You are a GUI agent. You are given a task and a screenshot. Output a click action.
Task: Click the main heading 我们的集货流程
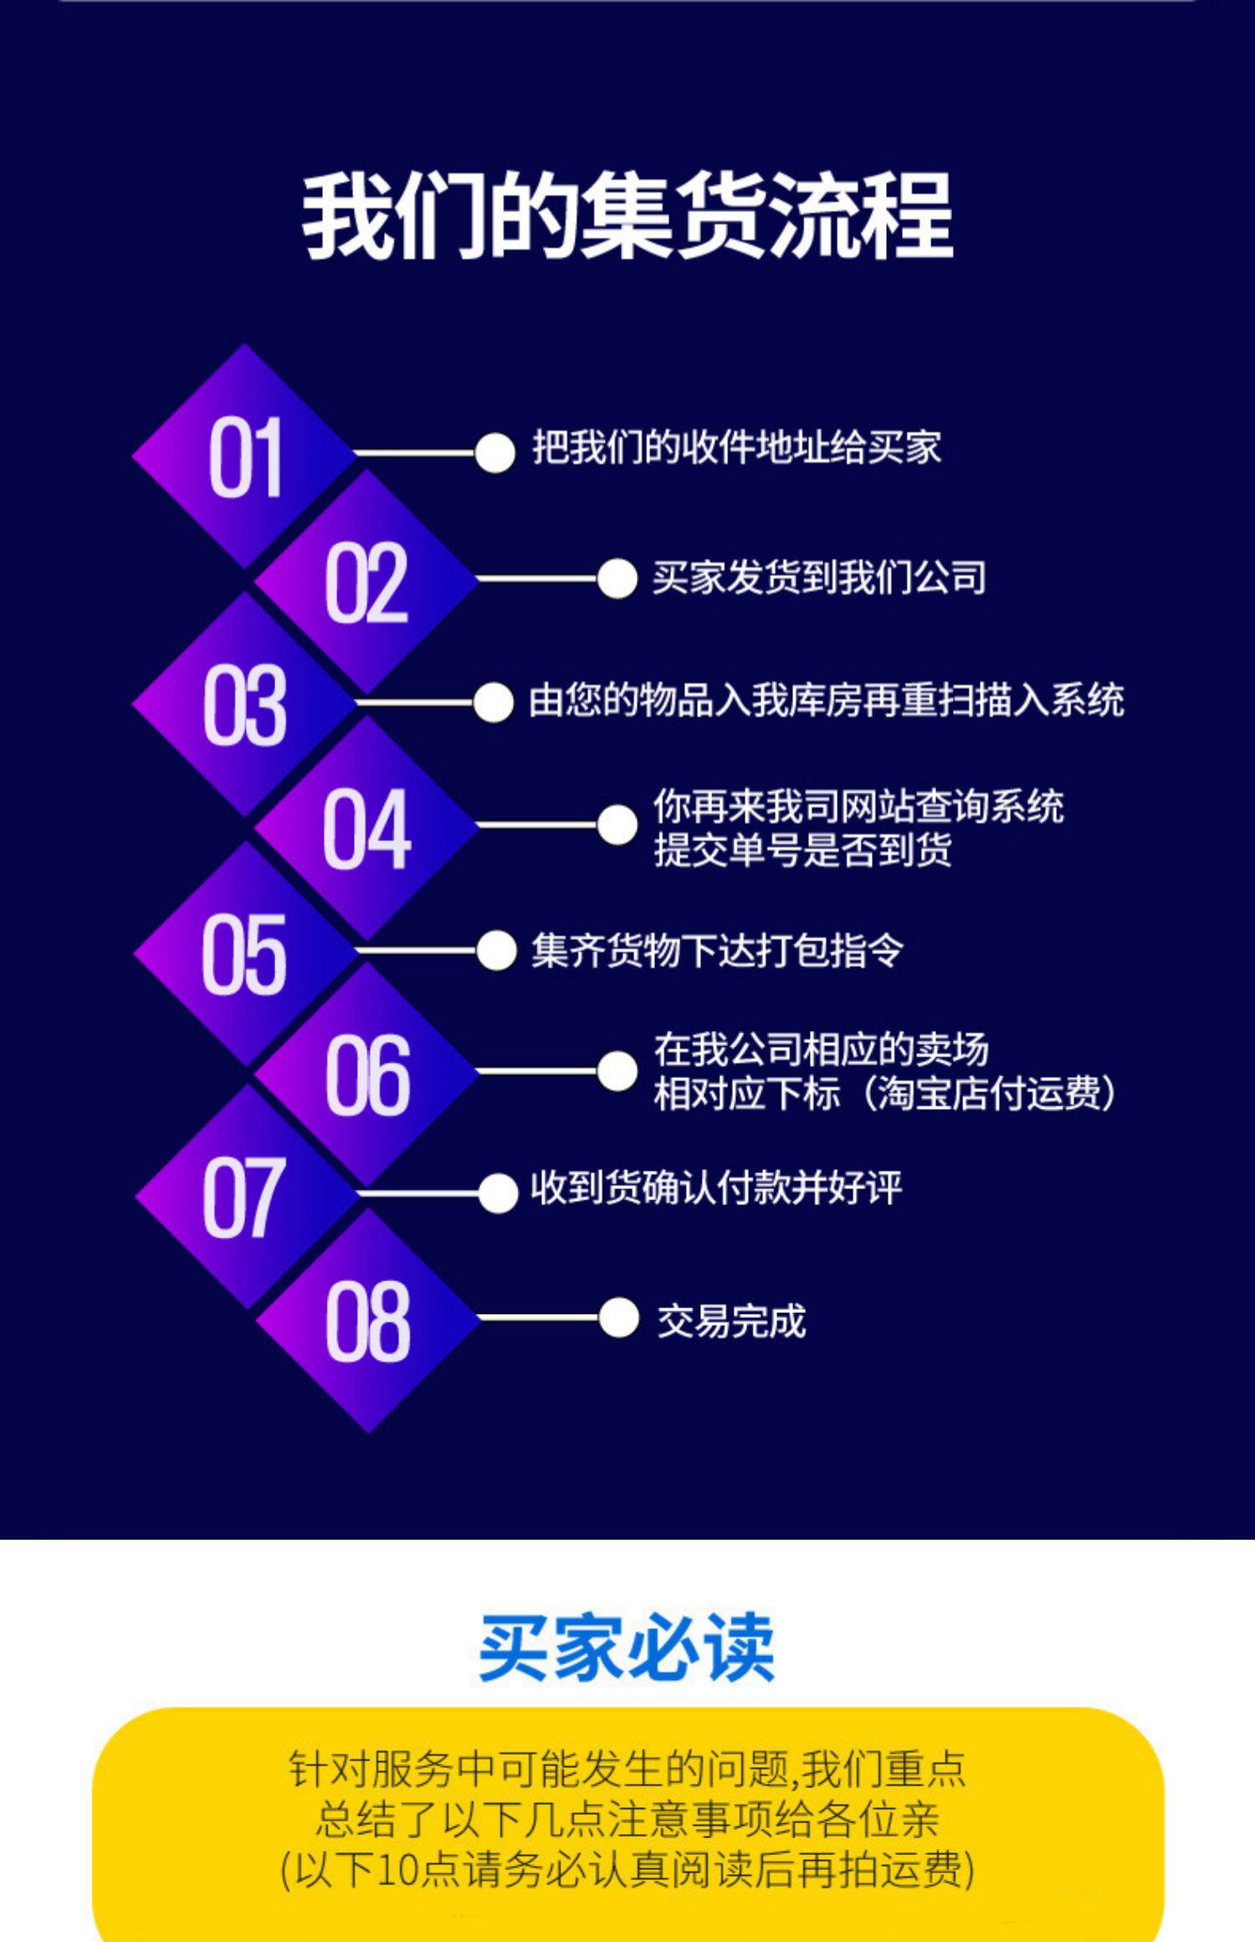point(627,216)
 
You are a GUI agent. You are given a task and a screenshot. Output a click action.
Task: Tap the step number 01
point(245,458)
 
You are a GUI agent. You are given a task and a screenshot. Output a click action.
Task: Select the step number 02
point(366,582)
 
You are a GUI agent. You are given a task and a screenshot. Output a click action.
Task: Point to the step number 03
point(244,705)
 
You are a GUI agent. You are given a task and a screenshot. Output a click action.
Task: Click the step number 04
point(366,828)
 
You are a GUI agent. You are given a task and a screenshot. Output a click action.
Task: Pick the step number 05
point(244,953)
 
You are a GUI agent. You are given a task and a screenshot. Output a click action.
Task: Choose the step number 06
point(367,1075)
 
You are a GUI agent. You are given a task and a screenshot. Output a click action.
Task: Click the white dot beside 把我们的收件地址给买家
point(494,453)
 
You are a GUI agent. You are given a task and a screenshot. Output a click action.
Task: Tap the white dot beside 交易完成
point(618,1318)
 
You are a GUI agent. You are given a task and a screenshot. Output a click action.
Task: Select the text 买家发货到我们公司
point(819,578)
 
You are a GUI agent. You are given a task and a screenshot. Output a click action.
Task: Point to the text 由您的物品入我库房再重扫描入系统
point(827,700)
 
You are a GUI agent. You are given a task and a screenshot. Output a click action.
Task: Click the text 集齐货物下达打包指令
point(717,950)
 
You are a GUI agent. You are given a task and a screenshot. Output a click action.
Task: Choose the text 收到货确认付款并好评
point(716,1188)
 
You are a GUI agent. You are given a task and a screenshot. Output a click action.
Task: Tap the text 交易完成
point(731,1321)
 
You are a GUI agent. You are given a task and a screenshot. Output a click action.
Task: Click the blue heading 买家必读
point(627,1647)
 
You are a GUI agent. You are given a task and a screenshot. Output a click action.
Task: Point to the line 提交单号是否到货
point(802,850)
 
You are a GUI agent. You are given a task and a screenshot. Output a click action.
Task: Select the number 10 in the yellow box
point(397,1870)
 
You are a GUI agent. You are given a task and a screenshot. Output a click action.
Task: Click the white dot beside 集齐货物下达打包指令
point(496,951)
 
